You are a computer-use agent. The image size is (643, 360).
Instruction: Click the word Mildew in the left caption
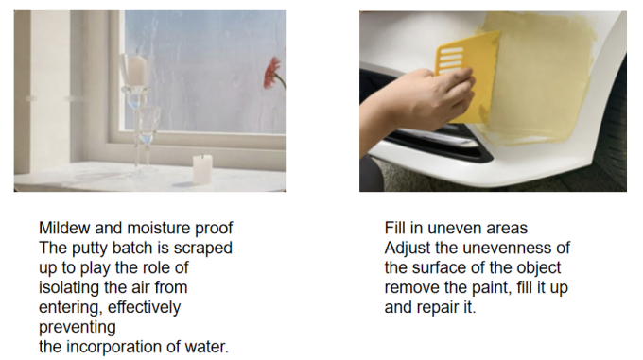coord(64,228)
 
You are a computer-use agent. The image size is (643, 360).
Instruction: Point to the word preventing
coord(78,328)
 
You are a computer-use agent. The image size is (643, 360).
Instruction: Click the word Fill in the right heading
coord(395,228)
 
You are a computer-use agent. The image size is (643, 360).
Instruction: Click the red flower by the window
coord(273,73)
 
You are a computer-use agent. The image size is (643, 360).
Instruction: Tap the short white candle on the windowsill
coord(202,169)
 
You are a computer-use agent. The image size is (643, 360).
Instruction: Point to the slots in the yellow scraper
coord(451,60)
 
